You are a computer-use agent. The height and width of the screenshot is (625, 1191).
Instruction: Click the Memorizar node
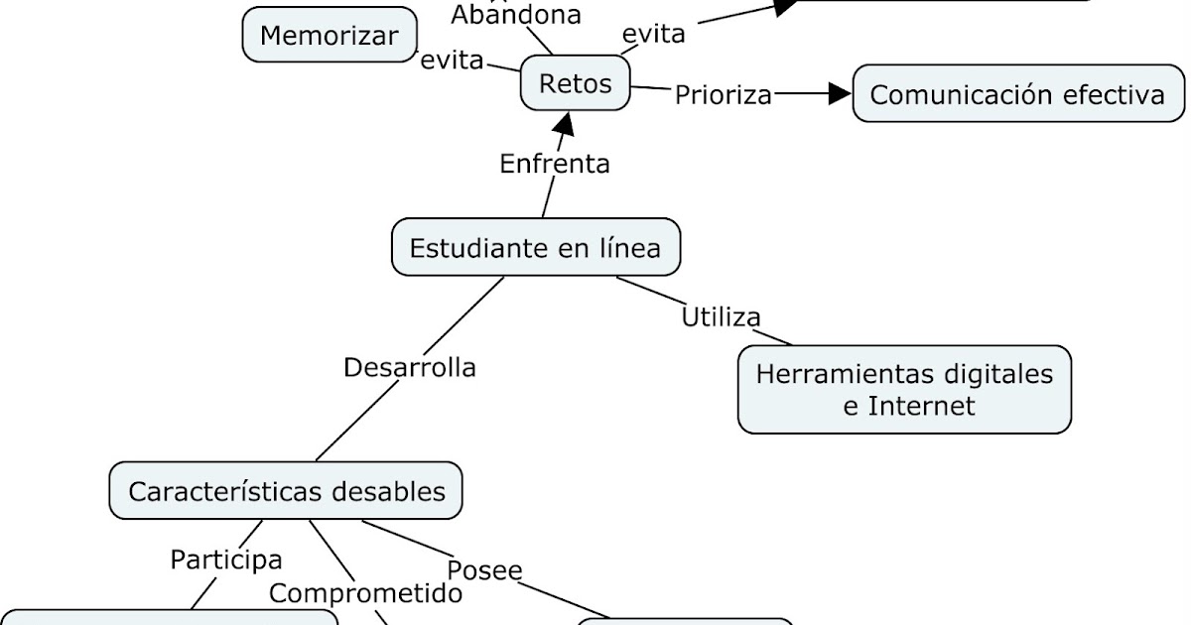[x=330, y=36]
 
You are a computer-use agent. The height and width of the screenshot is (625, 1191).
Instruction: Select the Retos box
[x=576, y=83]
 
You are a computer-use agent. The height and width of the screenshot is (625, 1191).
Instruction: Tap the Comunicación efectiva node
[x=1017, y=94]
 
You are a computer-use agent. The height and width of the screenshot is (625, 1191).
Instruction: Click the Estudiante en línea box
[x=535, y=247]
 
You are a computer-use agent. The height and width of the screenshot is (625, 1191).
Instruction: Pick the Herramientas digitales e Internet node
[x=904, y=389]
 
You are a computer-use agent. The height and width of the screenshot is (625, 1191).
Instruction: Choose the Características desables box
[x=285, y=490]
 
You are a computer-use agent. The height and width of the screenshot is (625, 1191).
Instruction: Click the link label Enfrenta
[x=555, y=163]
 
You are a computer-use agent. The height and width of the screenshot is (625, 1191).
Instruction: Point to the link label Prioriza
[x=724, y=95]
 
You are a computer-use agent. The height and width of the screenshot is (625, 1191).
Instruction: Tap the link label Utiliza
[x=722, y=317]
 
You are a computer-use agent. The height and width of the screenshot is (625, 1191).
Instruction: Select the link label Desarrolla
[x=410, y=367]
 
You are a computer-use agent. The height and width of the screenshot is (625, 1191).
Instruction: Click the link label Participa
[x=226, y=560]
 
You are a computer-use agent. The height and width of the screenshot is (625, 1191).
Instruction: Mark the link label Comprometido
[x=366, y=593]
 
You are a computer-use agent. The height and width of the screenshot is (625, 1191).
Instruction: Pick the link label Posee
[x=484, y=570]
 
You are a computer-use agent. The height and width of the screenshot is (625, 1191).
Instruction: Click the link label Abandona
[x=516, y=14]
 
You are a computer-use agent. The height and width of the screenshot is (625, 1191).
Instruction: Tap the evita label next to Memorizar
[x=452, y=61]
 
